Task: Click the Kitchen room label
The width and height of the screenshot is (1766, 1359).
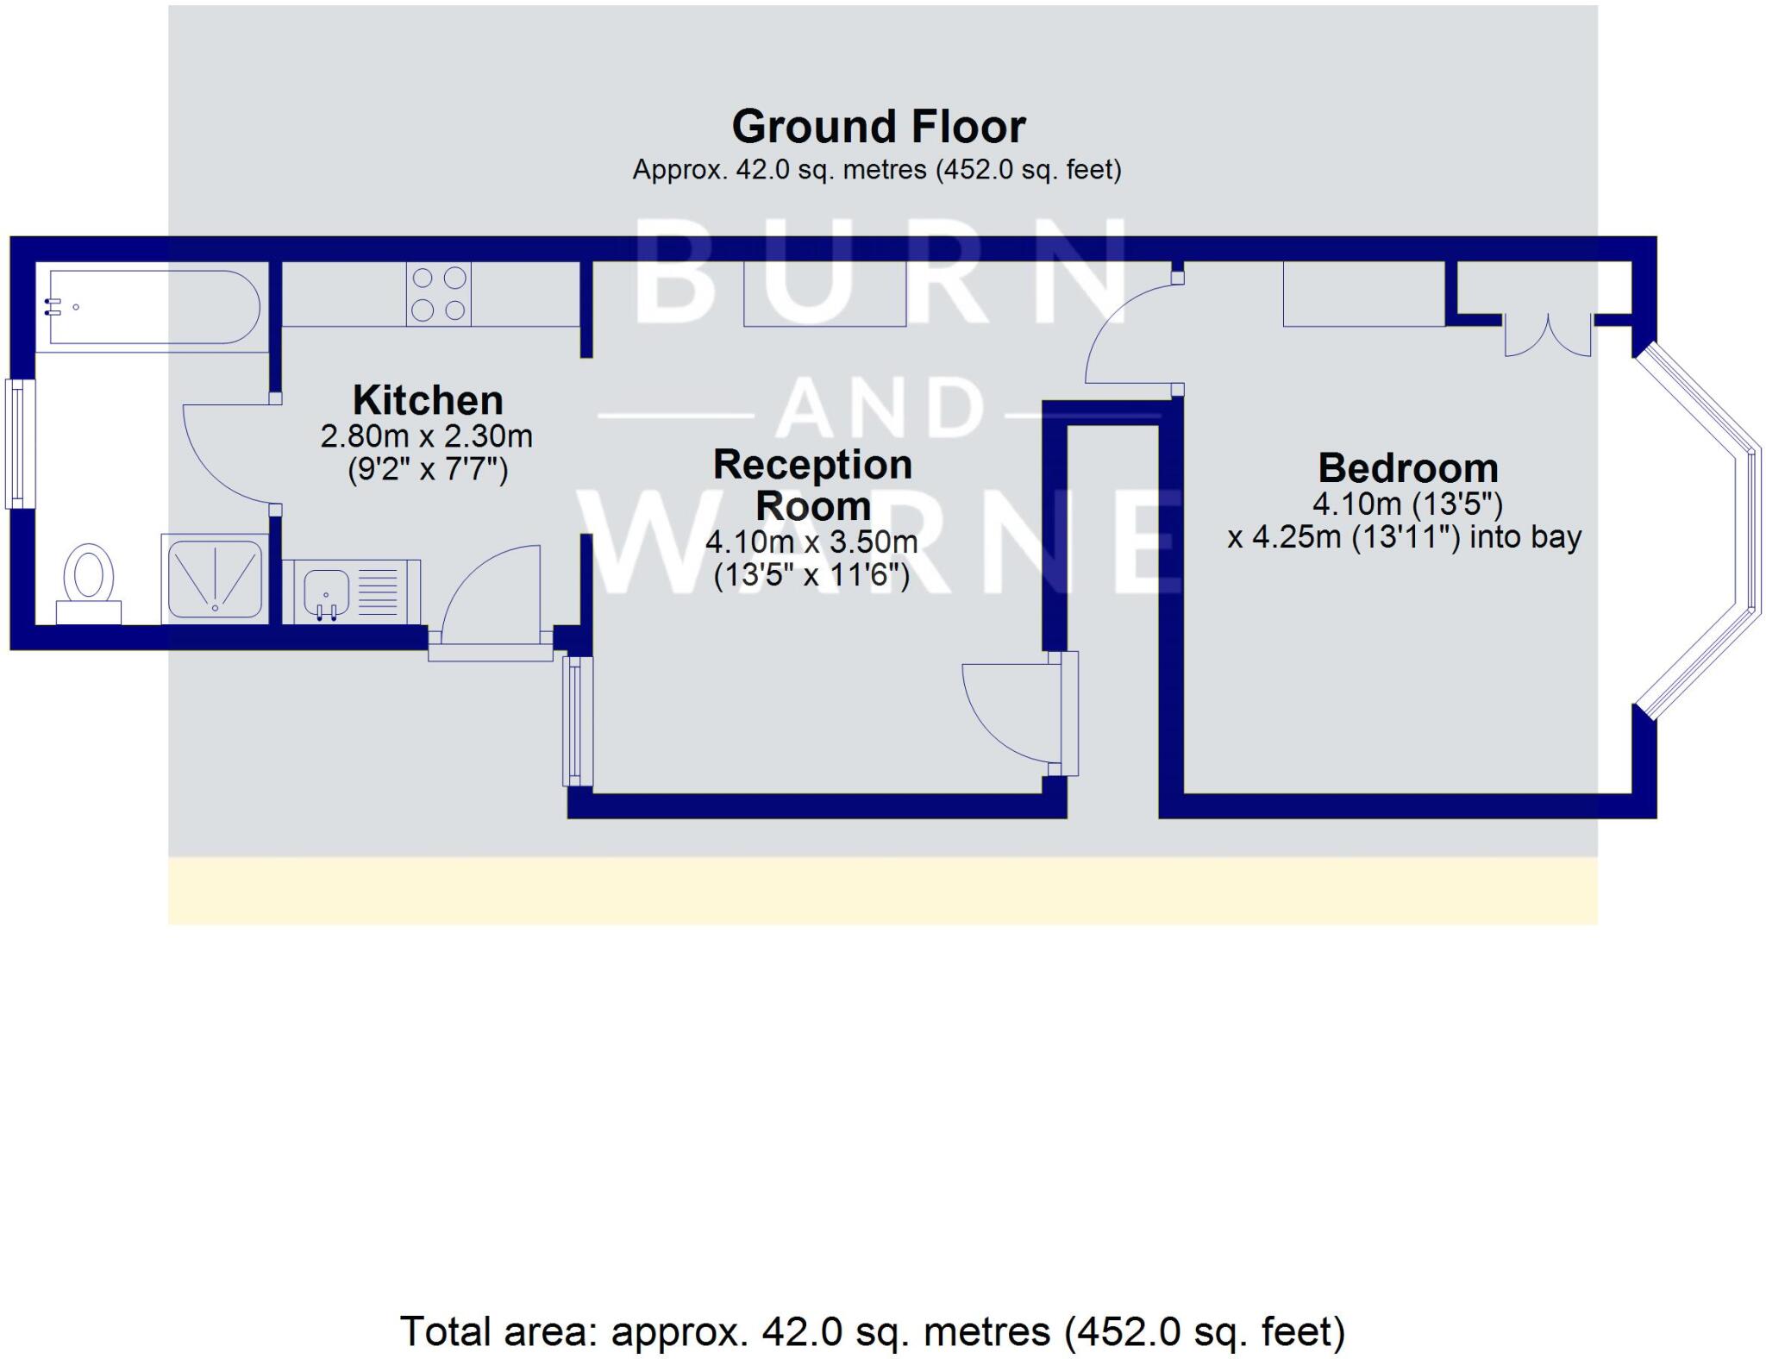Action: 428,401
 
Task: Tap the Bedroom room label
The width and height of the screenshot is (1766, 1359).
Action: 1408,468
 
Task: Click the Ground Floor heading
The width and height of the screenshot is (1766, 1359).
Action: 879,127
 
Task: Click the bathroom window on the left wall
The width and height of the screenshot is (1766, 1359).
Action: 19,443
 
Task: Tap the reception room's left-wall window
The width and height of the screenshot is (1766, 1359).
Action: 577,721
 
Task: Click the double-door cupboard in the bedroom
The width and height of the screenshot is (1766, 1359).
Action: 1548,336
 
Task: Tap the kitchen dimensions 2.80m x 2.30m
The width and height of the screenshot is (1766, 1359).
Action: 427,436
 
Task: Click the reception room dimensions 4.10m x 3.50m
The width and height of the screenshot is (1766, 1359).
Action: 811,542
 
